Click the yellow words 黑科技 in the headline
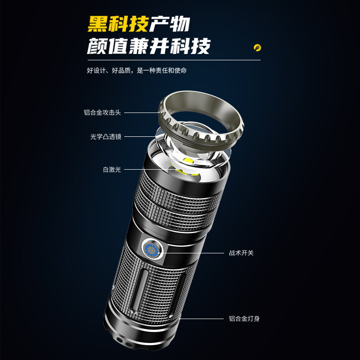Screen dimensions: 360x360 coord(118,24)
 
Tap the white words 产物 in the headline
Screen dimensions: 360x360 coord(170,24)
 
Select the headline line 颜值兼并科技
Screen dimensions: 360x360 coord(148,46)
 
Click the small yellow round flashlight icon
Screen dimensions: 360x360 coord(257,48)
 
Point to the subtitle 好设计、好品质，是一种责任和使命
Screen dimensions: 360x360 coord(137,70)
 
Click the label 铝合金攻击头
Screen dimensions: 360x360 coord(102,112)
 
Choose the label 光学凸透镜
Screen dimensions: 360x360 coord(106,137)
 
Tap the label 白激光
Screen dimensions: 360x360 coord(112,170)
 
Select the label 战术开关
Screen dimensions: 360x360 coord(241,253)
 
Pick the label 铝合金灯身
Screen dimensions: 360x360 coord(244,319)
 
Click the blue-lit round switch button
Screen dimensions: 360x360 coord(152,250)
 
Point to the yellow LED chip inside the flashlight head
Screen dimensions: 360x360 coord(189,160)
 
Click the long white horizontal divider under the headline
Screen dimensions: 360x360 coord(174,60)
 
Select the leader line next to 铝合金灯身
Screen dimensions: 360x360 coord(201,319)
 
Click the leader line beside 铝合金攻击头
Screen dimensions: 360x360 coord(141,113)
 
